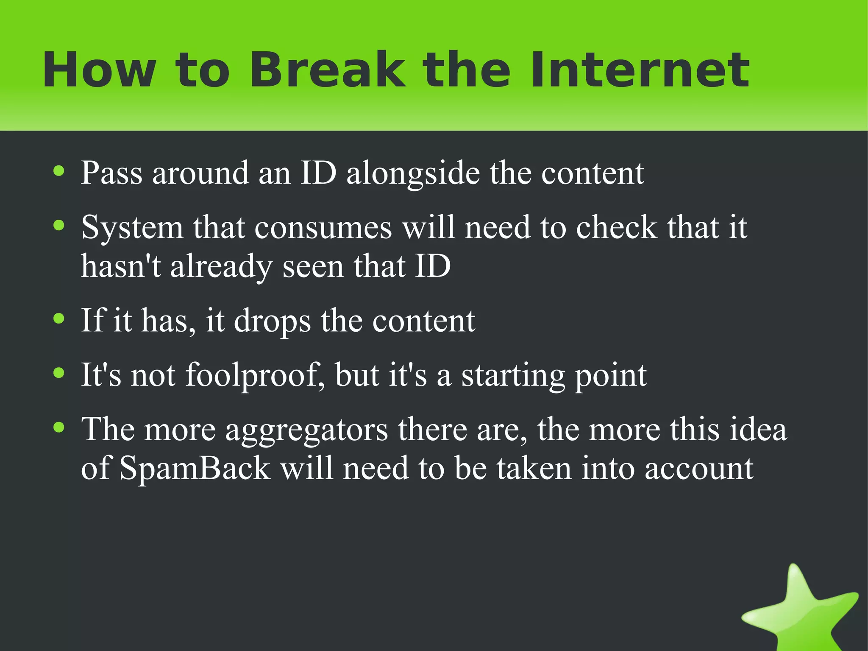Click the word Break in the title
coord(326,70)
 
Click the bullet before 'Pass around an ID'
coord(59,171)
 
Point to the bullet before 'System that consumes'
coord(59,225)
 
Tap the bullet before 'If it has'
coord(59,319)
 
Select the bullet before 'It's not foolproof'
coord(59,373)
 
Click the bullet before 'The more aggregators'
coord(59,427)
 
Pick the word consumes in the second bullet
coord(323,228)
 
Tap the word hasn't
coord(121,266)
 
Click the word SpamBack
coord(195,469)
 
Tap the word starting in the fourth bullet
coord(512,375)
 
